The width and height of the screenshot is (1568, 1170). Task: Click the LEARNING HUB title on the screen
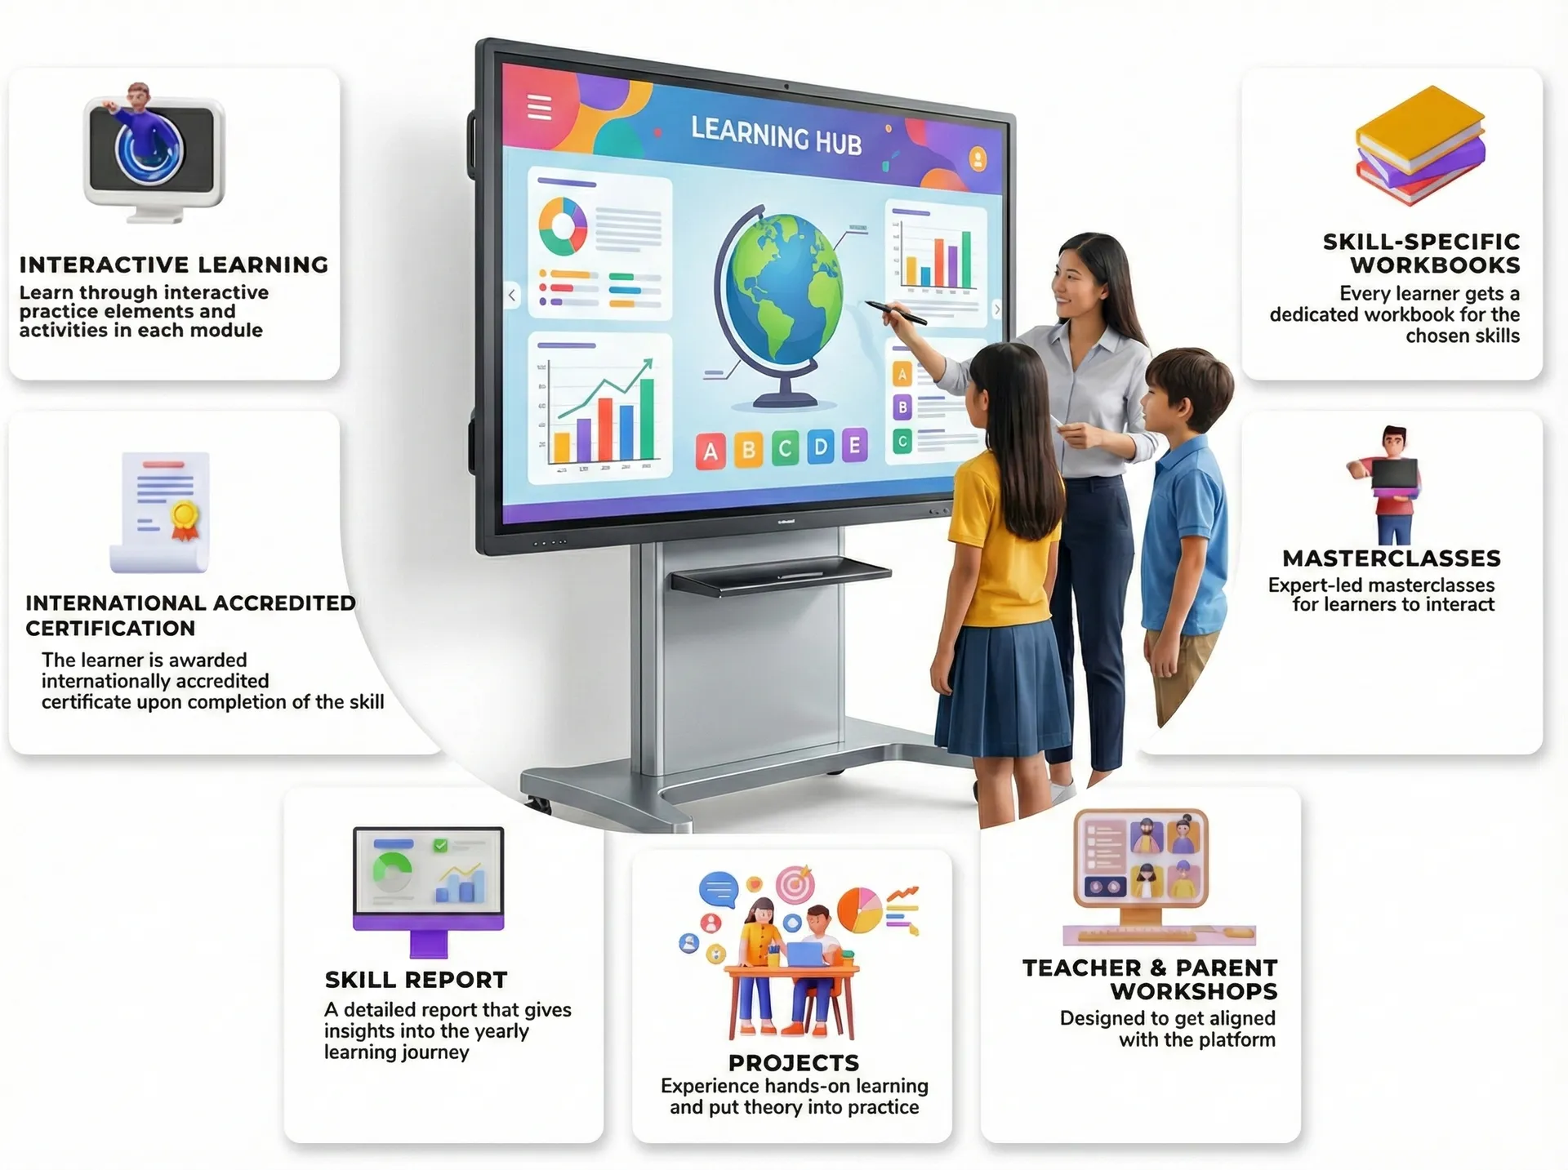[x=776, y=136]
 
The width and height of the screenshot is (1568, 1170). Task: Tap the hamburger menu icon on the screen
[x=539, y=107]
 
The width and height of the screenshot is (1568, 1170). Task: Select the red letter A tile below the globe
[x=710, y=452]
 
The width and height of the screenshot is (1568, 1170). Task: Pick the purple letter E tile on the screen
[x=854, y=446]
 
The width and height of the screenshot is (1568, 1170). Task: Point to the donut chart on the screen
[x=563, y=225]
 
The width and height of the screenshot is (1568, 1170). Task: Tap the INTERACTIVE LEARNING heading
[x=174, y=265]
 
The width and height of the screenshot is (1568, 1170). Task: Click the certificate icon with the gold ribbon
[x=163, y=512]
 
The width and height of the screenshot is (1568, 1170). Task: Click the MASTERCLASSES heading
[x=1392, y=558]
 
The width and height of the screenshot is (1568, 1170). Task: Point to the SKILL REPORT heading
[x=416, y=980]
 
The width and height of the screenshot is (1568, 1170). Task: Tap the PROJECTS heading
[x=794, y=1063]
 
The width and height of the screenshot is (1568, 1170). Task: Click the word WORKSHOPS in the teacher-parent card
[x=1193, y=991]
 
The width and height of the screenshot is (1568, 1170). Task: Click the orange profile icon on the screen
[x=977, y=158]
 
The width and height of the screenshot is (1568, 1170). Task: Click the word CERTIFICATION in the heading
[x=110, y=629]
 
